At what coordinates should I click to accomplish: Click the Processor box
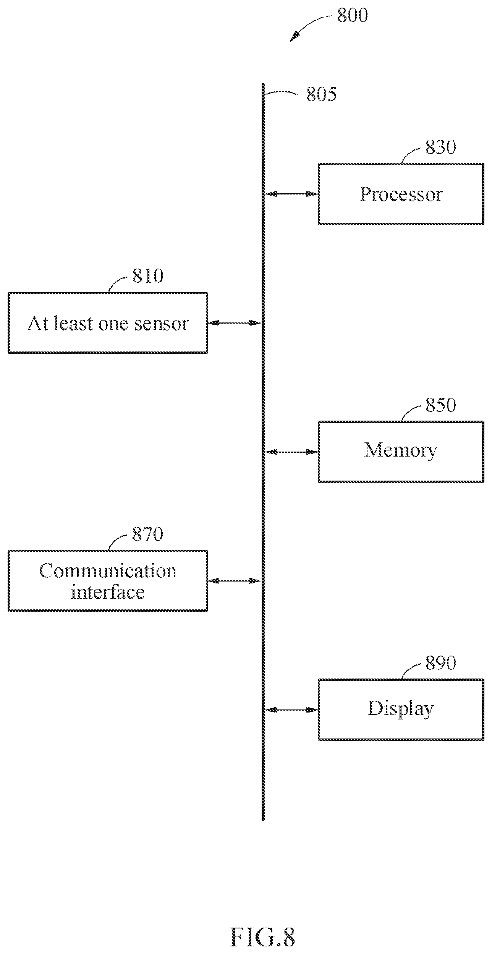coord(401,194)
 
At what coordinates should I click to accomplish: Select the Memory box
coord(401,452)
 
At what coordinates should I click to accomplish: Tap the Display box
coord(401,709)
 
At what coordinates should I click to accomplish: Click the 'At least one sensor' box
coord(108,323)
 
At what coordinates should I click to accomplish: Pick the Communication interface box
coord(108,581)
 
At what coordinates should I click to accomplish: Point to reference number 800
coord(352,15)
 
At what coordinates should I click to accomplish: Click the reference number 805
coord(321,94)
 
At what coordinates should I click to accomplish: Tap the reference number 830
coord(440,147)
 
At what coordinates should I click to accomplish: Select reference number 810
coord(148,275)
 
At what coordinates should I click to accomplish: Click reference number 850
coord(440,405)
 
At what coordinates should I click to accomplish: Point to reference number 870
coord(148,534)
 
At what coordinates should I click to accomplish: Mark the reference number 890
coord(440,663)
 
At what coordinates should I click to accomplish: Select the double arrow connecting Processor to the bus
coord(292,194)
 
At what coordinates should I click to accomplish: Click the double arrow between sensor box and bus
coord(234,323)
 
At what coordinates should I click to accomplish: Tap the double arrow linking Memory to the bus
coord(292,452)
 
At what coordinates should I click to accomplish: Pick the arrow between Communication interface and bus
coord(234,581)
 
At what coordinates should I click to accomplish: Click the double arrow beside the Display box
coord(292,710)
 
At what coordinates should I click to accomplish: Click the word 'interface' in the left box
coord(108,592)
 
